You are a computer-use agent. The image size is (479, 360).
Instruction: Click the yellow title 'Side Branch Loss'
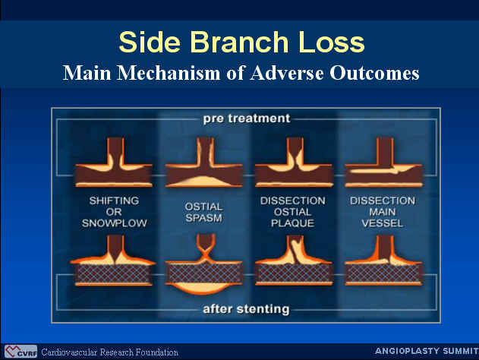click(x=241, y=43)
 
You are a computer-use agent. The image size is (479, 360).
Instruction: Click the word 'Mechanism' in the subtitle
click(x=169, y=74)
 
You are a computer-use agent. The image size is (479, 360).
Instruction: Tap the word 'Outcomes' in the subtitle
click(x=374, y=74)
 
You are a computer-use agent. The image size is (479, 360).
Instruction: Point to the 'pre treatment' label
click(x=247, y=118)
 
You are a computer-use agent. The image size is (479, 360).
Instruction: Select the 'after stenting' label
click(x=246, y=309)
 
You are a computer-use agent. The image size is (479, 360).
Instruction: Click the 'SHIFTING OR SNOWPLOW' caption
click(x=115, y=212)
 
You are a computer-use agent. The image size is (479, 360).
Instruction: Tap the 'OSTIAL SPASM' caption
click(x=203, y=212)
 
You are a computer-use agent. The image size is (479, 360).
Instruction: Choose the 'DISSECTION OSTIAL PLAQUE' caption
click(x=293, y=212)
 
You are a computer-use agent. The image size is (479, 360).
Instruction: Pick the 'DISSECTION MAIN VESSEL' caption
click(x=383, y=212)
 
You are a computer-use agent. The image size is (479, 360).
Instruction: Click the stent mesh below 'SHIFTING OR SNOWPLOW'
click(x=114, y=273)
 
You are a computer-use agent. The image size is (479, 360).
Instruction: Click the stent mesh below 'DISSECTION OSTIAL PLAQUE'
click(x=294, y=273)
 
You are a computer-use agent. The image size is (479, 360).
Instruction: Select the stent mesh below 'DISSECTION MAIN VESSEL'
click(x=383, y=273)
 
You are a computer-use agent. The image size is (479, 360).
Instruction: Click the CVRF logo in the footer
click(x=20, y=352)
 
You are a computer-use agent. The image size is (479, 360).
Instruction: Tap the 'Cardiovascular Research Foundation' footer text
click(x=109, y=352)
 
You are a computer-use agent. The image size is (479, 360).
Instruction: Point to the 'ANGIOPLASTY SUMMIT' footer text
click(x=427, y=351)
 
